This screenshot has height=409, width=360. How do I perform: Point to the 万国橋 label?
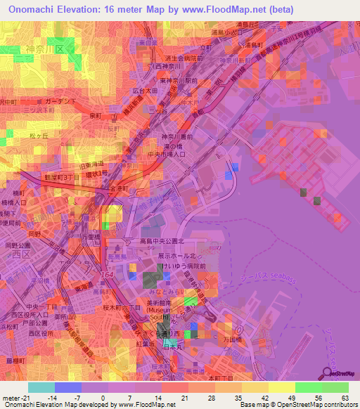[x=253, y=339]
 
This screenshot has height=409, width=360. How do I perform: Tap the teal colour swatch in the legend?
[x=41, y=387]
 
